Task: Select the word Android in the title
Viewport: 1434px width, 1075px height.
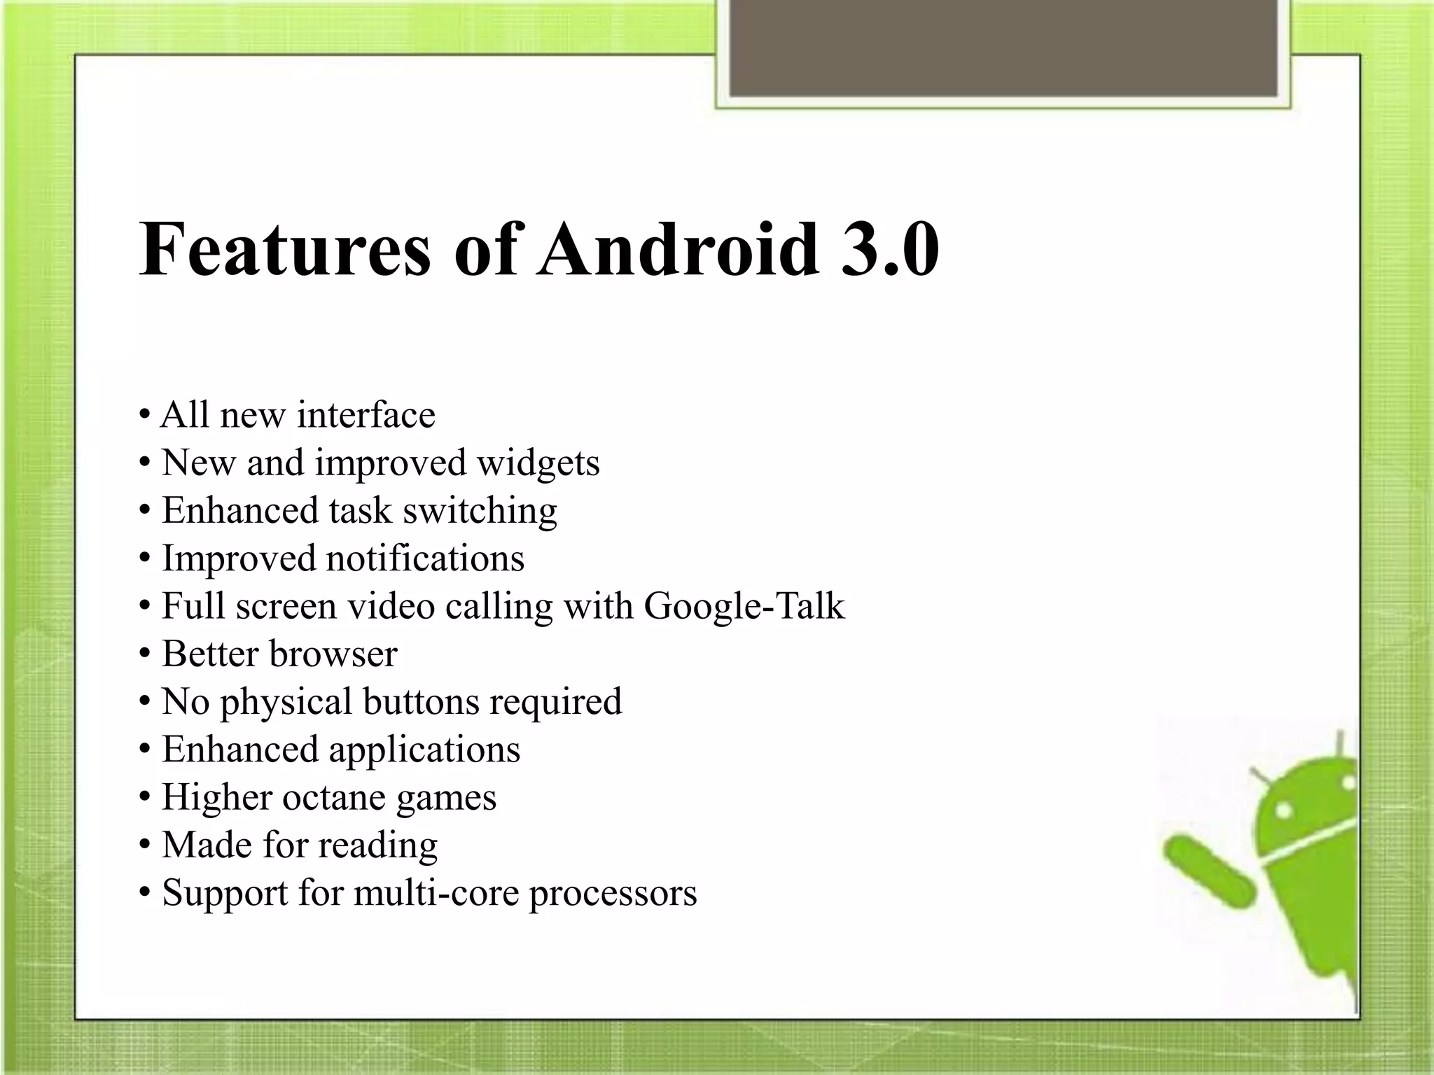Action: tap(678, 250)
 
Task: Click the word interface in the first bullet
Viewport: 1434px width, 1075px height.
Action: tap(366, 414)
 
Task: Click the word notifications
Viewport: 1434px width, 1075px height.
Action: tap(425, 558)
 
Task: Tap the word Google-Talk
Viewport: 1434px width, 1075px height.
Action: tap(744, 606)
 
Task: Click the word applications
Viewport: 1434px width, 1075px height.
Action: tap(424, 750)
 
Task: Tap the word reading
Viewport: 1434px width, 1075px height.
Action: tap(377, 845)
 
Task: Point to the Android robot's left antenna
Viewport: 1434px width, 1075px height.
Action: tap(1259, 775)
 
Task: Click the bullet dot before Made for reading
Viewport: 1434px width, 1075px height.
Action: tap(144, 845)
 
